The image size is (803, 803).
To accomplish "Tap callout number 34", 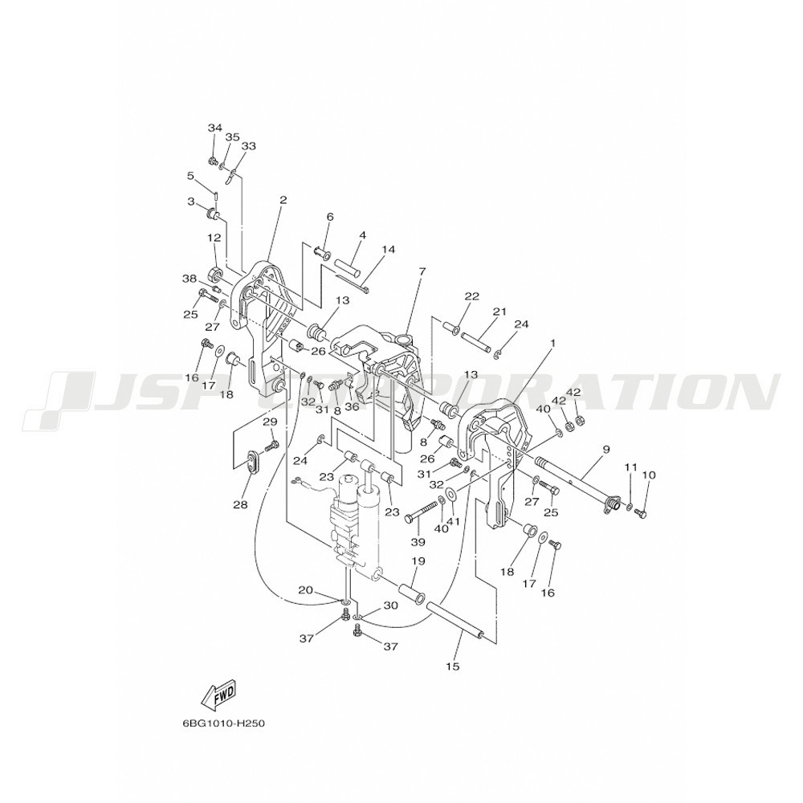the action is click(x=214, y=128).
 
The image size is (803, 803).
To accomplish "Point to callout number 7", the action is click(x=422, y=271).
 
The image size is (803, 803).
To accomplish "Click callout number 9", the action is click(x=605, y=450).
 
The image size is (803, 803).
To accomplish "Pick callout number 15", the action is click(x=453, y=666).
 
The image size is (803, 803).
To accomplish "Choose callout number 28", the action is click(x=240, y=505).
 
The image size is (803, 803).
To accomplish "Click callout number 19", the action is click(x=418, y=561).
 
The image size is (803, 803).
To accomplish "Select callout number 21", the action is click(x=499, y=312).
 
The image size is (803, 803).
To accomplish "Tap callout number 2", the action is click(x=283, y=200).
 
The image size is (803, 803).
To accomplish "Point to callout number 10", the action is click(x=648, y=475).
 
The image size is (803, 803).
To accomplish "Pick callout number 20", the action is click(x=305, y=590).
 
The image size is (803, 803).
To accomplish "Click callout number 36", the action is click(x=352, y=406).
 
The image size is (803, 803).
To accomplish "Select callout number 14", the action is click(x=389, y=250).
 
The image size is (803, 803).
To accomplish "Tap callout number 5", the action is click(x=190, y=176).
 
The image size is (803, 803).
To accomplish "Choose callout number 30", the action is click(x=391, y=605).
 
